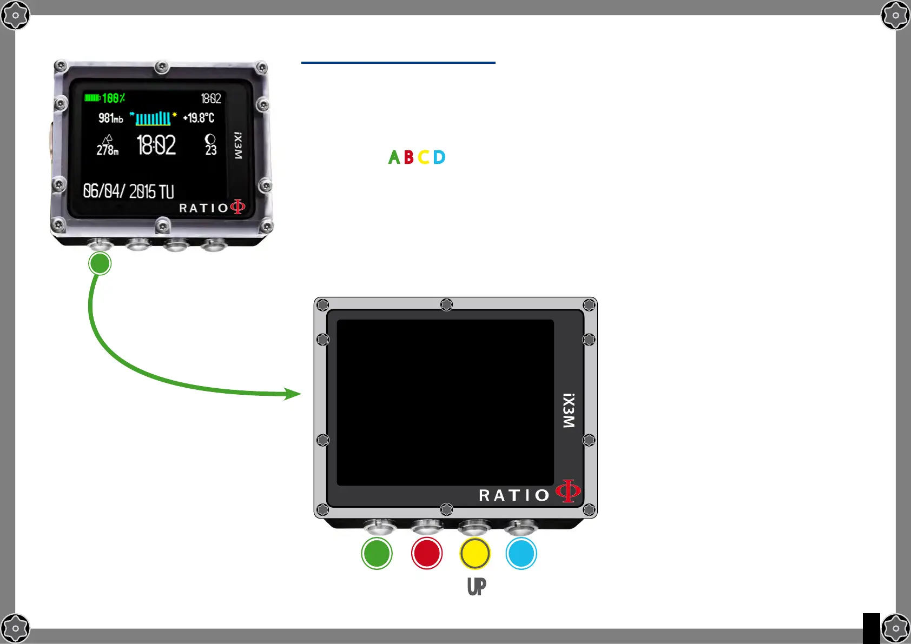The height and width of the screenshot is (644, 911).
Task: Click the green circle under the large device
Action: click(377, 553)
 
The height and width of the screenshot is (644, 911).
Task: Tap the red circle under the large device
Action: click(427, 553)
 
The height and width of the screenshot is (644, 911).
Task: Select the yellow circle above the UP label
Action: click(475, 553)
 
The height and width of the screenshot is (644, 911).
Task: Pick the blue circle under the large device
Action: click(521, 553)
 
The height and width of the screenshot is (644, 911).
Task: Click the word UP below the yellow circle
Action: click(477, 586)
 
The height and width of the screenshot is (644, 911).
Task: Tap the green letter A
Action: click(394, 157)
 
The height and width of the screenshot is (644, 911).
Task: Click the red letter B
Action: click(409, 157)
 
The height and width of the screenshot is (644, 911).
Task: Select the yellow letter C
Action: click(424, 157)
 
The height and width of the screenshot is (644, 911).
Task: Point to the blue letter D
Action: click(439, 157)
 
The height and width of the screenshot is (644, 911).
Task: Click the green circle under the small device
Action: click(100, 264)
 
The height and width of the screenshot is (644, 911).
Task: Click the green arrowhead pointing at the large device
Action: click(293, 394)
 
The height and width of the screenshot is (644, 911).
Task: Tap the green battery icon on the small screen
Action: click(92, 98)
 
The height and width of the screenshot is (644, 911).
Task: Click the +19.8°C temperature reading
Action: click(199, 118)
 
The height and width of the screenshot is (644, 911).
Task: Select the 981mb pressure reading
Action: click(110, 118)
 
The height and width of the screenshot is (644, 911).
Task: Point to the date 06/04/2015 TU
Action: click(128, 191)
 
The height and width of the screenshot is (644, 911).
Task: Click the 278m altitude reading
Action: click(107, 149)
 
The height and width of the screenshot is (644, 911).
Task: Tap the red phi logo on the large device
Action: click(568, 491)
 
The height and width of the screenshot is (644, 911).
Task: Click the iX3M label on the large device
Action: click(569, 410)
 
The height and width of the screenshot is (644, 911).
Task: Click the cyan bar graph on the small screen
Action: click(153, 118)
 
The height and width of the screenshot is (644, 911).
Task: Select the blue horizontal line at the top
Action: click(398, 63)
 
